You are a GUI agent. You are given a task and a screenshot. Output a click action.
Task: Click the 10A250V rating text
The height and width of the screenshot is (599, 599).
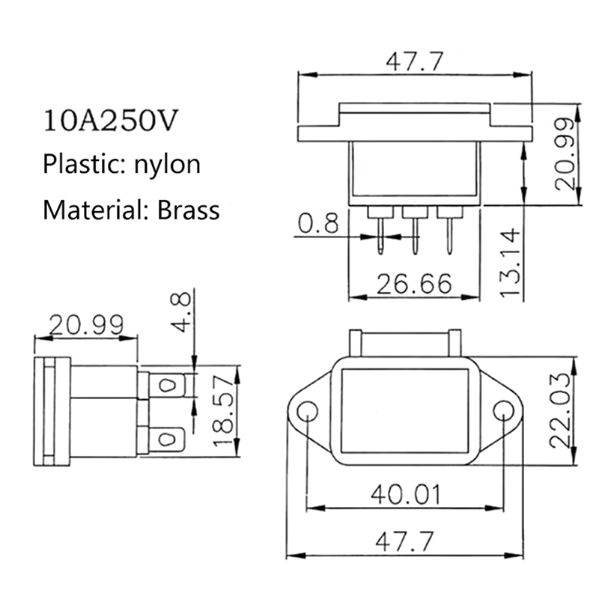pyautogui.click(x=111, y=121)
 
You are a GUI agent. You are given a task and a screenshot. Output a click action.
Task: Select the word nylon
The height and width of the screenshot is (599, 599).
pyautogui.click(x=167, y=165)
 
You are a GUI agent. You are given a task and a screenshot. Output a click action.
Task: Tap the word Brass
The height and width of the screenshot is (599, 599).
pyautogui.click(x=189, y=210)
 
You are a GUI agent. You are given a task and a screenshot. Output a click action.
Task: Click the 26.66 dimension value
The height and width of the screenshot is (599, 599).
pyautogui.click(x=414, y=284)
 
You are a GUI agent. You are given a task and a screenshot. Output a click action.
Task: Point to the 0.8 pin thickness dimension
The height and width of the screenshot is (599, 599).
pyautogui.click(x=318, y=223)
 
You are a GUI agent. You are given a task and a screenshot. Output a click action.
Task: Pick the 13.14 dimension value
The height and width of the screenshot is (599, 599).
pyautogui.click(x=511, y=262)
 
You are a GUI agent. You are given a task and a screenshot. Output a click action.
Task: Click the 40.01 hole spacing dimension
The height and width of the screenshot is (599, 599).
pyautogui.click(x=406, y=494)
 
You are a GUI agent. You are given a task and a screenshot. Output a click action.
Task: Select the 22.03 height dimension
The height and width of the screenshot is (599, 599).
pyautogui.click(x=561, y=410)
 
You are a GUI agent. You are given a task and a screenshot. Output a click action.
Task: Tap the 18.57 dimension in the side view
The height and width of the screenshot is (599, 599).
pyautogui.click(x=222, y=410)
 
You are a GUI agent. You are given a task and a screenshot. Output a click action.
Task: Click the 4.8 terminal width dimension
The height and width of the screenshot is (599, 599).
pyautogui.click(x=180, y=312)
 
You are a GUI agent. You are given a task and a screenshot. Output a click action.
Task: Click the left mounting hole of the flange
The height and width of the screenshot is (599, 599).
pyautogui.click(x=307, y=411)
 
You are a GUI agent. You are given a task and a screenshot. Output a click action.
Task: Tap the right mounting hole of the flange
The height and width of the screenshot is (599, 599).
pyautogui.click(x=503, y=411)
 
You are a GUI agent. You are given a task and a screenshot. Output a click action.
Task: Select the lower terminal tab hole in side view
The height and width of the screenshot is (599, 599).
pyautogui.click(x=165, y=439)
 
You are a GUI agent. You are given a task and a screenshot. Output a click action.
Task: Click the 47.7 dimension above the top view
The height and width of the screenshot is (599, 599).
pyautogui.click(x=415, y=62)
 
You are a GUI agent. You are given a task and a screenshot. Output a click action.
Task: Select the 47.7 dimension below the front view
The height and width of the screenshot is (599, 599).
pyautogui.click(x=404, y=541)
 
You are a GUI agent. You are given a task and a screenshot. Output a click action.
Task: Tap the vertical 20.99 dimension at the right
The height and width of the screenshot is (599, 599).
pyautogui.click(x=565, y=154)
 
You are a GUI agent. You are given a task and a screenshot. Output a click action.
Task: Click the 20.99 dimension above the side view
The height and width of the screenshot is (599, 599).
pyautogui.click(x=86, y=325)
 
